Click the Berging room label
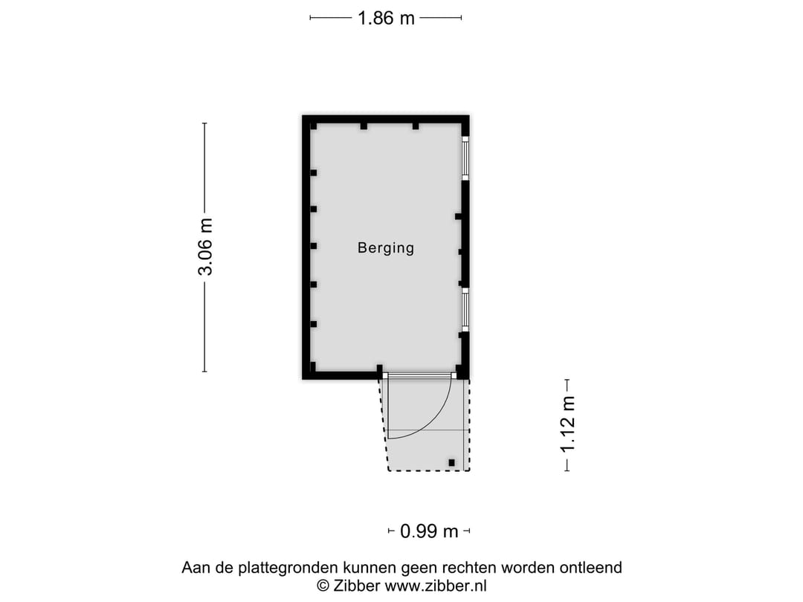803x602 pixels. tap(385, 248)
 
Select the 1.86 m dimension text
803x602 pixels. tap(386, 19)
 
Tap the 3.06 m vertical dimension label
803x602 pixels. tap(206, 247)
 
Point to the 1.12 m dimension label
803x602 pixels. tap(568, 425)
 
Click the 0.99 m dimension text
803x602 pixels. tap(429, 531)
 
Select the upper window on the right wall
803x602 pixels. tap(465, 158)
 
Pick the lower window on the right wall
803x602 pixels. tap(465, 311)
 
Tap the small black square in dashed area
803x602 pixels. tap(451, 463)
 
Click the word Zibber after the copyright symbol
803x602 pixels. tap(356, 586)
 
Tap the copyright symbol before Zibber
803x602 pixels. tap(323, 586)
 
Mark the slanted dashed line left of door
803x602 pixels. tap(384, 425)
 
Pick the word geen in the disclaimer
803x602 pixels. tap(424, 568)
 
